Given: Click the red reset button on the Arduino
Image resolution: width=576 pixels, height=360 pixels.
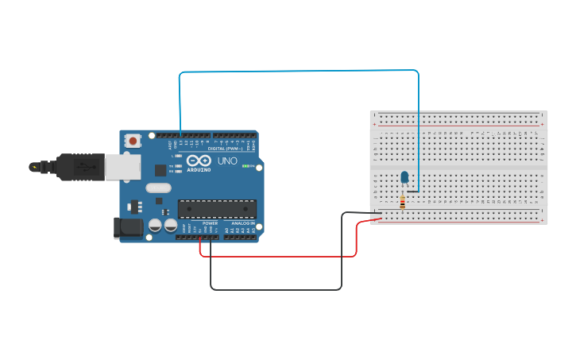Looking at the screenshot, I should (133, 141).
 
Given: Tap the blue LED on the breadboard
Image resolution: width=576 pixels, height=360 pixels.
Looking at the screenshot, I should (404, 177).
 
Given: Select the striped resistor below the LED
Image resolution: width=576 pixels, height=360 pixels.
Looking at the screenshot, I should (402, 203).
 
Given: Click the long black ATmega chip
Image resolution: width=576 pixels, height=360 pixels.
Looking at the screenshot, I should (217, 209).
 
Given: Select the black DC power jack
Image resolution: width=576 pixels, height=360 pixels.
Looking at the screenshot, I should (128, 228).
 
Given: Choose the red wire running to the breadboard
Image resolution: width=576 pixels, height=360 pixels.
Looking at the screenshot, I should (278, 256).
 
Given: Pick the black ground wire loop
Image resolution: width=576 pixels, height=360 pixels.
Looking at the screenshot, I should (276, 289).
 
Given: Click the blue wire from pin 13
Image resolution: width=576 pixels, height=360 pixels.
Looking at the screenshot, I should (298, 71).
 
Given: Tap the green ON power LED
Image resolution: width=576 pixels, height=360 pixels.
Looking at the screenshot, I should (247, 166).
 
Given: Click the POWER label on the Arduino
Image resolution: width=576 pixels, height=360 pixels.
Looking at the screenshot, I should (210, 223).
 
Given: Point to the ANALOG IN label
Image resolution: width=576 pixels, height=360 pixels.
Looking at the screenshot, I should (243, 223).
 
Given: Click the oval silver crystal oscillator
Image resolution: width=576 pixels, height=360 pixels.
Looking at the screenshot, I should (157, 188).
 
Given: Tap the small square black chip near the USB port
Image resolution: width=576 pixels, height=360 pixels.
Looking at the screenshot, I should (160, 169).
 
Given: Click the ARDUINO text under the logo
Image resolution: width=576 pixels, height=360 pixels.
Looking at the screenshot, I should (199, 169).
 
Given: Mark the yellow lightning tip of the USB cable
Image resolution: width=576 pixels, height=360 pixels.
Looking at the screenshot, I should (33, 167).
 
